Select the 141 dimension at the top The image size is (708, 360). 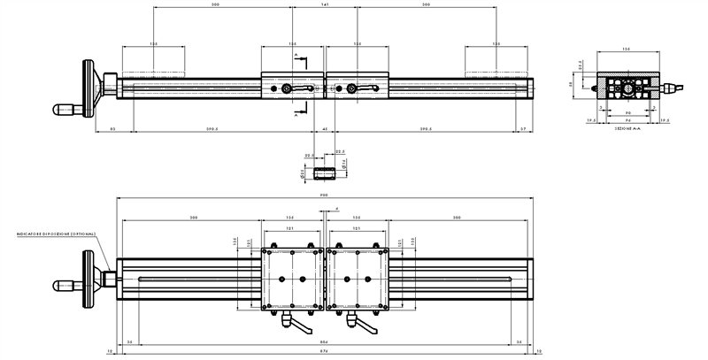coord(325,5)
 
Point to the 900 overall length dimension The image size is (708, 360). coord(325,195)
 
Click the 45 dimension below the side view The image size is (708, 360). coord(325,129)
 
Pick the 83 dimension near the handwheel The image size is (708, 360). coord(112,129)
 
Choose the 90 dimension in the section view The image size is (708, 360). coord(627,113)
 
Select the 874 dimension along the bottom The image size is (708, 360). coord(325,350)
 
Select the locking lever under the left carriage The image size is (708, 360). coord(295,324)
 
